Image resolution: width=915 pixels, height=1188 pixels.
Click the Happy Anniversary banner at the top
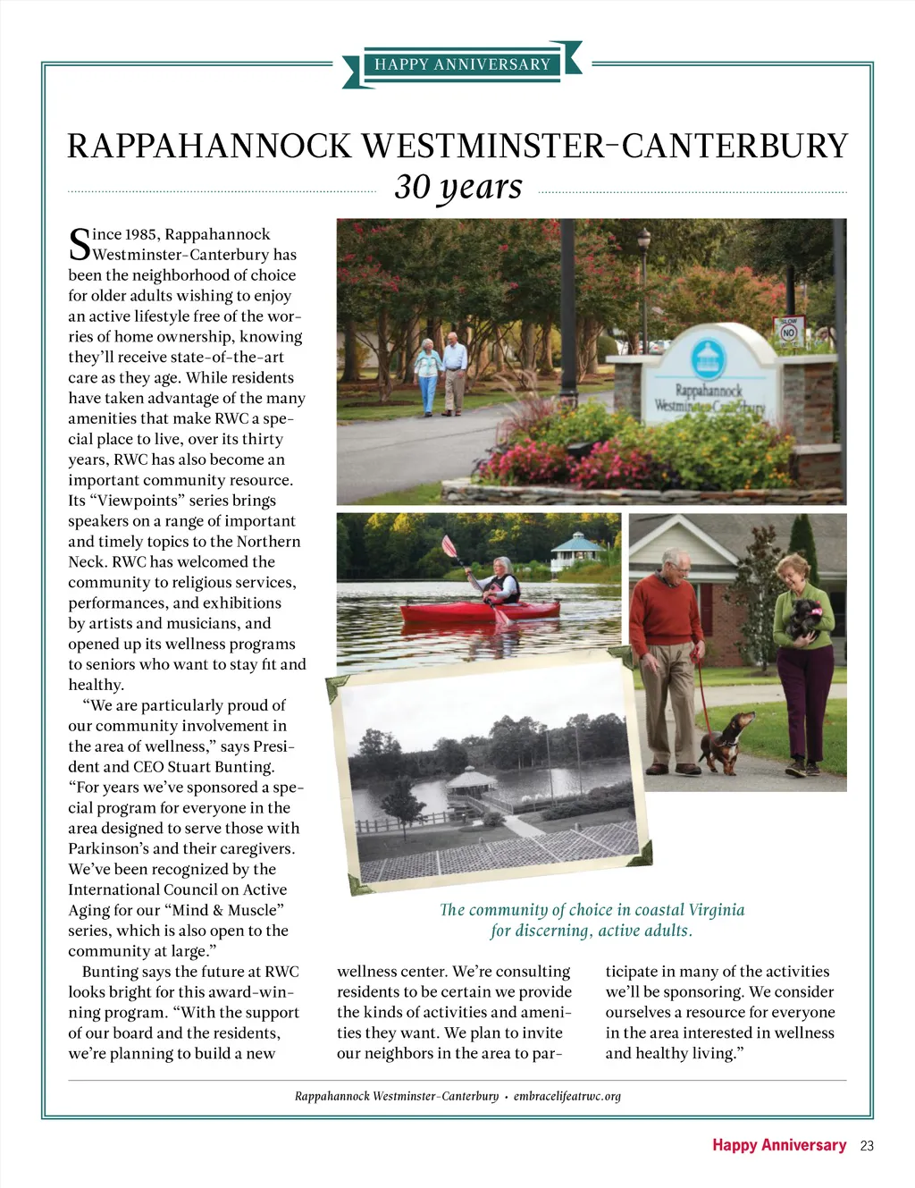pyautogui.click(x=462, y=64)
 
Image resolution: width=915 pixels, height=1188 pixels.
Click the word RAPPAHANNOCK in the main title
pyautogui.click(x=209, y=147)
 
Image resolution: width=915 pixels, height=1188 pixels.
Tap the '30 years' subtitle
pyautogui.click(x=457, y=187)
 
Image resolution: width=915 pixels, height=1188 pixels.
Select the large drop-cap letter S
pyautogui.click(x=80, y=244)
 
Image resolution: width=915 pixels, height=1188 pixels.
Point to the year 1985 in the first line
pyautogui.click(x=142, y=234)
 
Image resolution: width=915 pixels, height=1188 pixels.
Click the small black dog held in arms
pyautogui.click(x=802, y=618)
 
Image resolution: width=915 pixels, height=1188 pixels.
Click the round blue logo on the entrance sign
pyautogui.click(x=709, y=360)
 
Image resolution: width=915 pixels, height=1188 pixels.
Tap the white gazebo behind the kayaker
pyautogui.click(x=576, y=549)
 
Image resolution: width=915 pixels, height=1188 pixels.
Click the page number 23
pyautogui.click(x=867, y=1146)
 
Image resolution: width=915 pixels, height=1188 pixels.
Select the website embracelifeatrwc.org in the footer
pyautogui.click(x=567, y=1096)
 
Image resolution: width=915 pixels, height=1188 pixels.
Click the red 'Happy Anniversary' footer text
pyautogui.click(x=778, y=1145)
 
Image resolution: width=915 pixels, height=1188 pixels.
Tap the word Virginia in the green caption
pyautogui.click(x=715, y=910)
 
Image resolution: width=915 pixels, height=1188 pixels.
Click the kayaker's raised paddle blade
pyautogui.click(x=449, y=546)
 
